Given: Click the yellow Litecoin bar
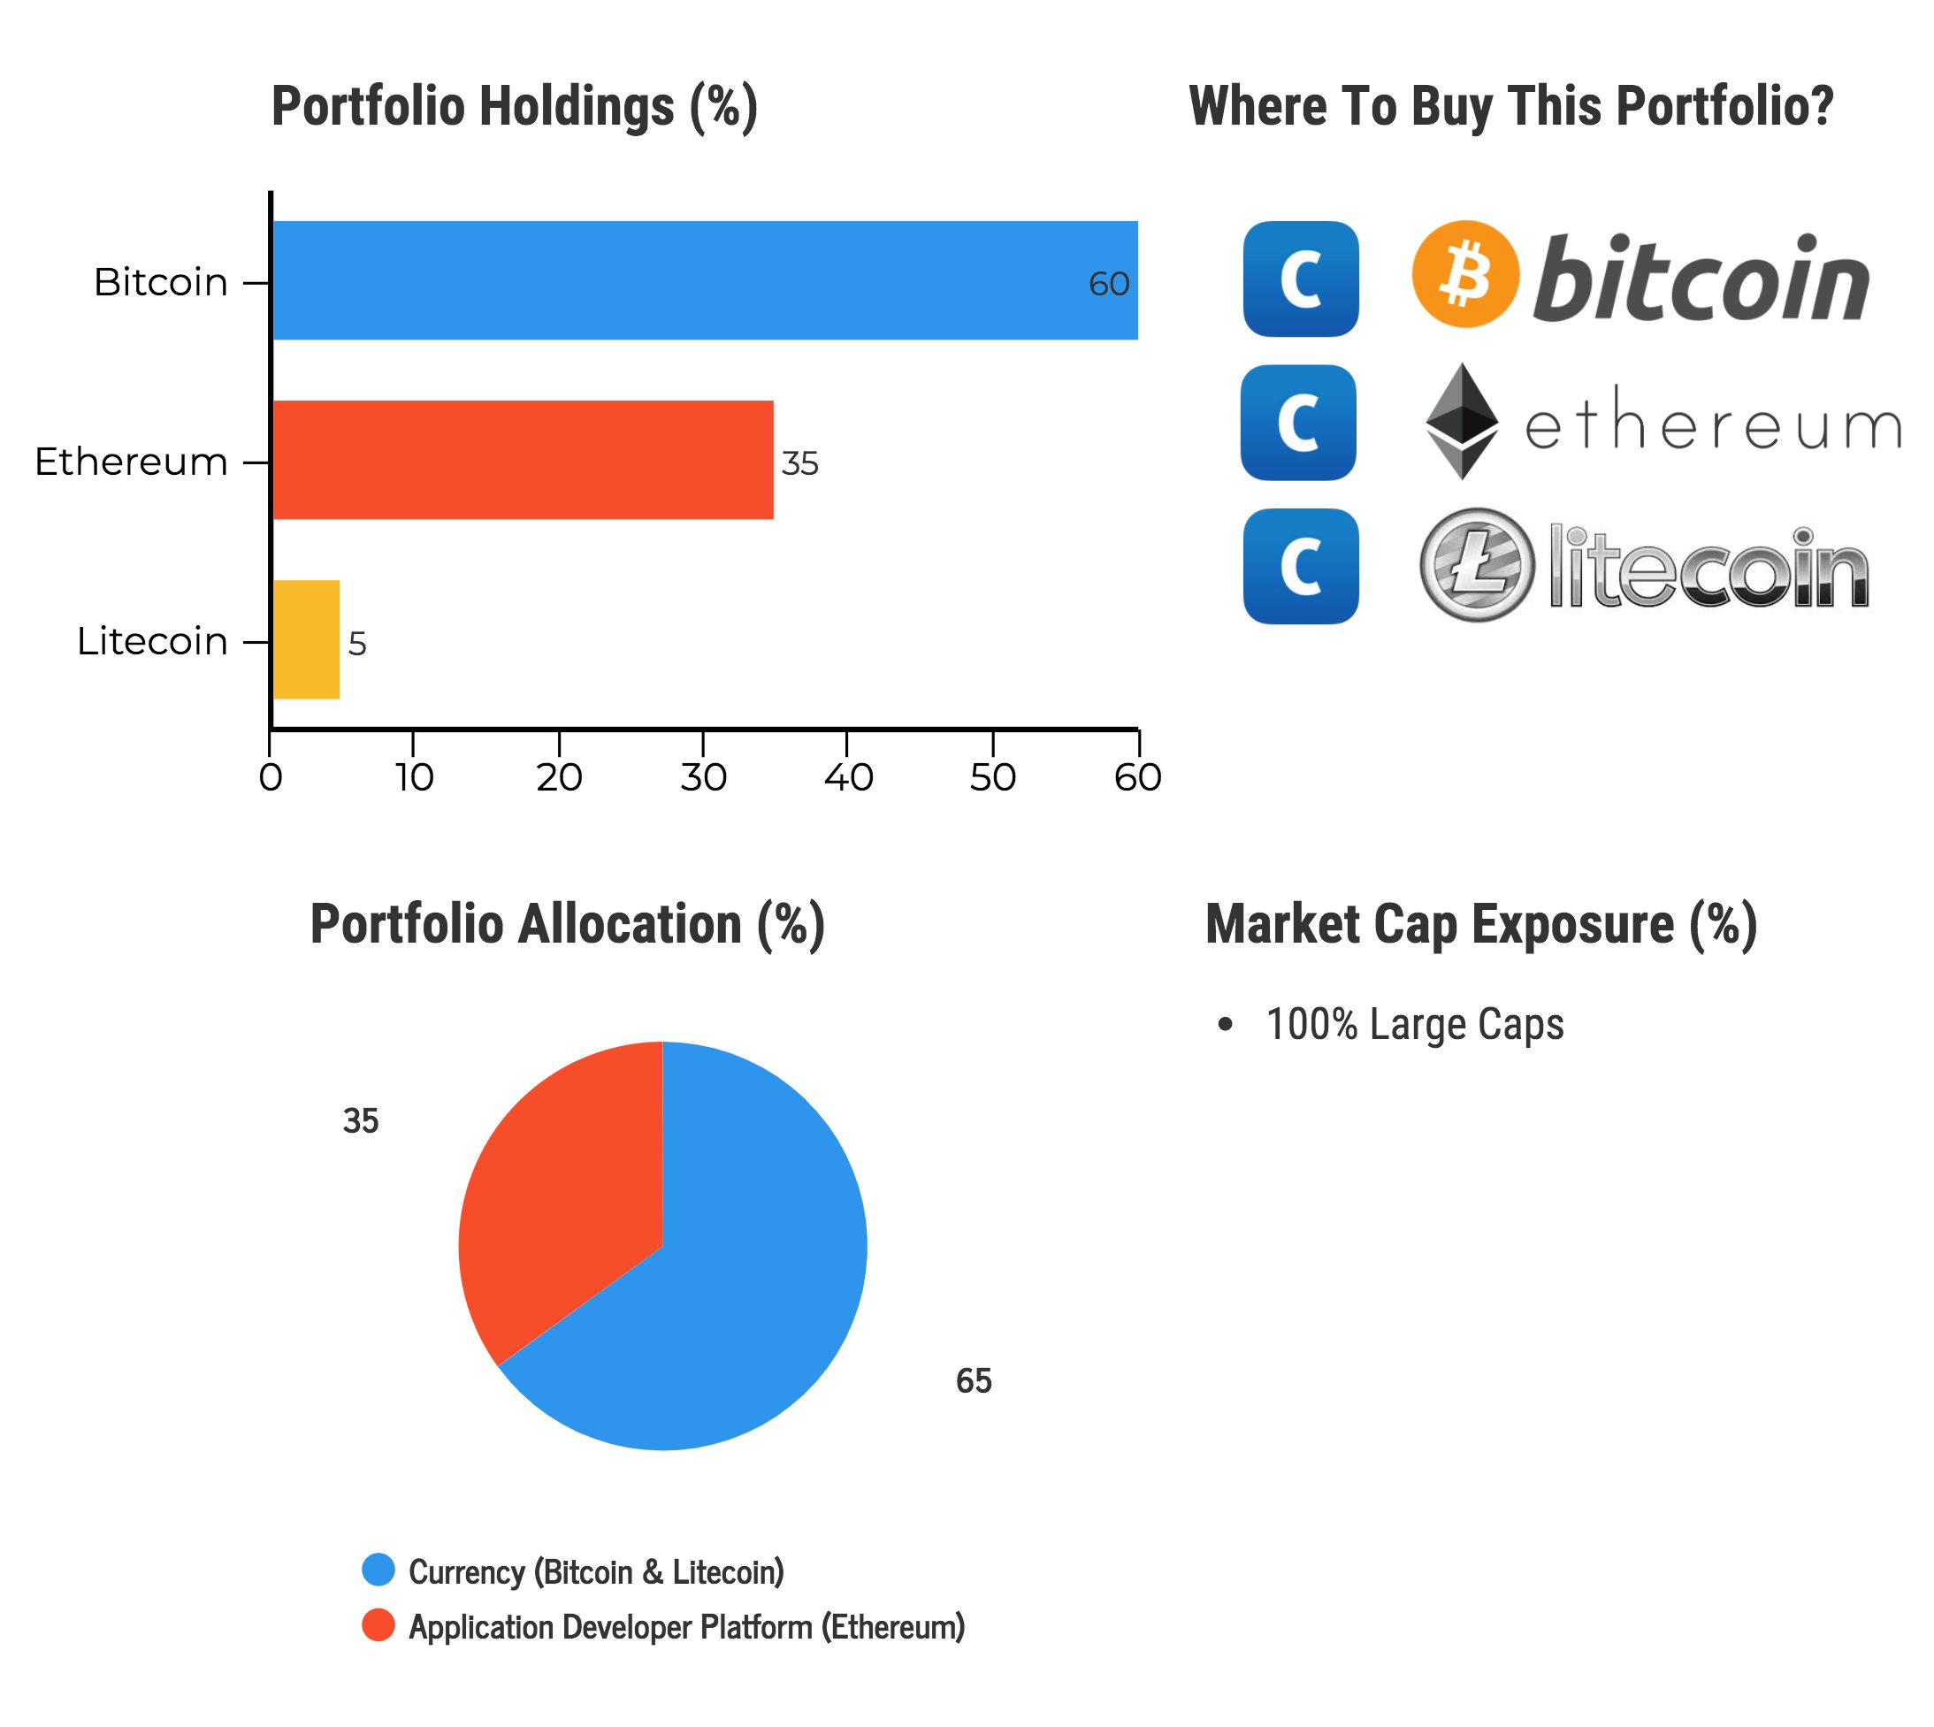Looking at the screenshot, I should [x=306, y=639].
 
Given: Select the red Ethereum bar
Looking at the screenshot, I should [x=522, y=460].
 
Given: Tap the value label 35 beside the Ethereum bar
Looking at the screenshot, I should [x=799, y=464].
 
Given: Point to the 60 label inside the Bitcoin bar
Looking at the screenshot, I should [x=1108, y=284].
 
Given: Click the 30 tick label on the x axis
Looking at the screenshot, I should [x=703, y=778].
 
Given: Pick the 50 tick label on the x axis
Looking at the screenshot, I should [x=992, y=778].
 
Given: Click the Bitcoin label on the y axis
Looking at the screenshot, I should [x=160, y=283].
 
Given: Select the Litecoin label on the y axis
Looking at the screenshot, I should [x=152, y=641].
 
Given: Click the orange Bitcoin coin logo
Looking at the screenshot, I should [x=1464, y=274].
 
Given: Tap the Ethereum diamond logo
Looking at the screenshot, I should [x=1462, y=421].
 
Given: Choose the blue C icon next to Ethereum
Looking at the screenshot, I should [x=1298, y=424].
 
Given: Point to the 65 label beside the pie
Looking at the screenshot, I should [x=974, y=1381].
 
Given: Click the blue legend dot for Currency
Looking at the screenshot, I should [x=378, y=1570].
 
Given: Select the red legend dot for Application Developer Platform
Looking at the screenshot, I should [x=378, y=1625].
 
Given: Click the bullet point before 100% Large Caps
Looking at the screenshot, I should [x=1225, y=1025].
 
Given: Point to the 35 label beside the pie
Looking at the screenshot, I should [x=361, y=1121].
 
